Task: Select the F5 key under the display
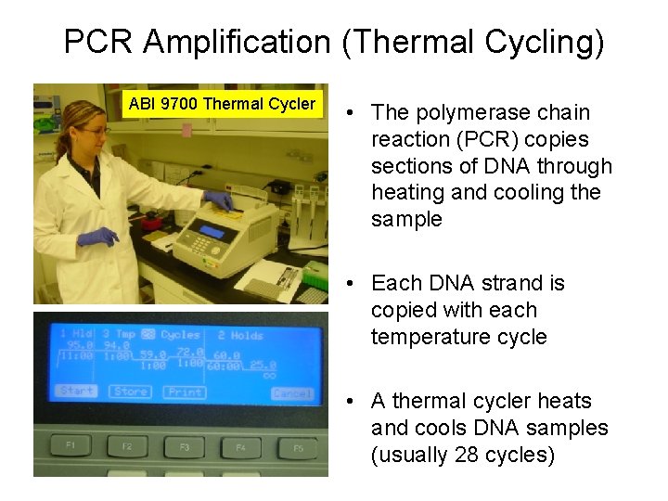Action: click(x=298, y=448)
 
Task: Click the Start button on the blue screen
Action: click(x=76, y=391)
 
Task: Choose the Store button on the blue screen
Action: click(x=131, y=392)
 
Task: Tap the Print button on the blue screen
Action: click(x=185, y=392)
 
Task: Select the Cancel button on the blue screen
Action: click(x=291, y=393)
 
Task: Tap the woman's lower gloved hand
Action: click(x=96, y=238)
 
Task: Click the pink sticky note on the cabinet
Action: click(x=186, y=130)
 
